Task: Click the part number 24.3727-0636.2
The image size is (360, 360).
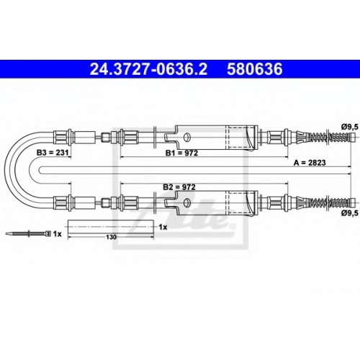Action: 148,69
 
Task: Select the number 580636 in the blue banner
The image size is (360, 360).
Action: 255,69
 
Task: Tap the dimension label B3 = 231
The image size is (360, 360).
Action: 53,153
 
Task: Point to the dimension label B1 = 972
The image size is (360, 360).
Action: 181,153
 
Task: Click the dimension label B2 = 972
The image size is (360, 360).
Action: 179,187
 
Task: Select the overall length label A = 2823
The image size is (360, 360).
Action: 310,163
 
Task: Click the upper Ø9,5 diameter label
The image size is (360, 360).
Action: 351,127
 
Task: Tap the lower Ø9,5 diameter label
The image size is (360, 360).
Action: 351,212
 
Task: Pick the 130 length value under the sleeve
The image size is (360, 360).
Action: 111,237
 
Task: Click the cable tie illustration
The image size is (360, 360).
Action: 28,233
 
